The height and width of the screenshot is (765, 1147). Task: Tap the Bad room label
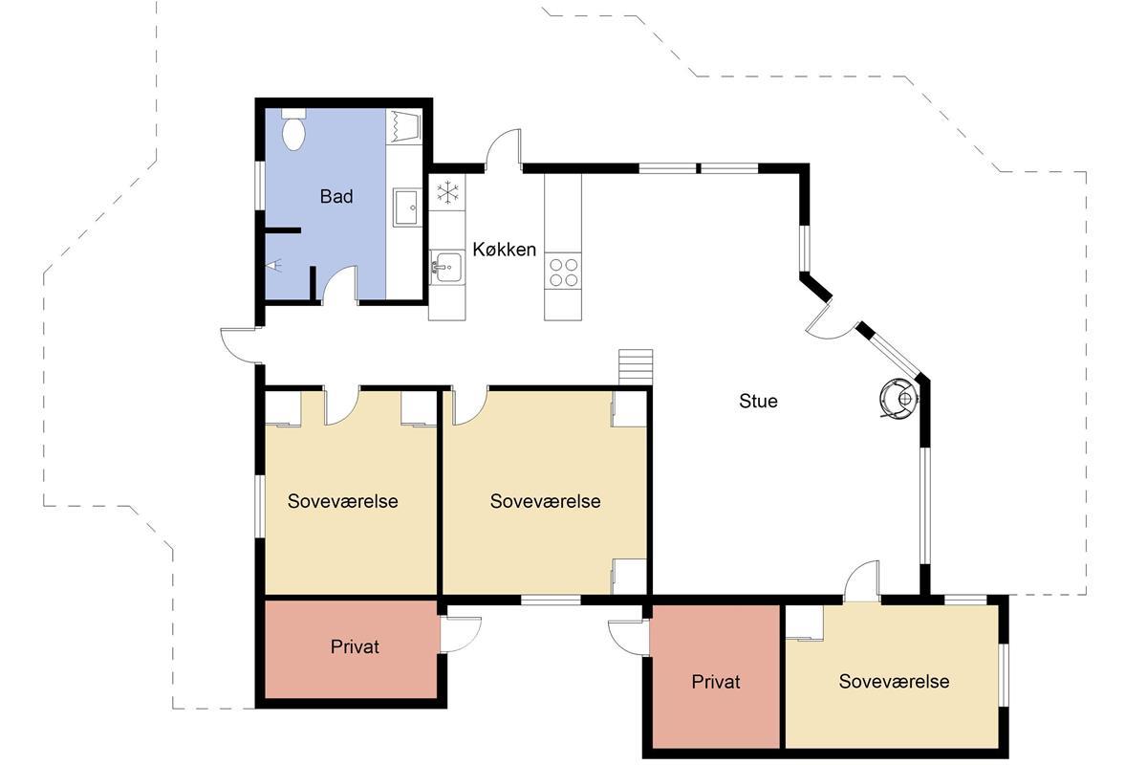336,196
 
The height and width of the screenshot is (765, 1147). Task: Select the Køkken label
505,250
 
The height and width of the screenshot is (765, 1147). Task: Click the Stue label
758,401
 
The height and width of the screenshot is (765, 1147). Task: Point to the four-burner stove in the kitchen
563,272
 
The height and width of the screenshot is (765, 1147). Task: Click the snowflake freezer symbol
447,192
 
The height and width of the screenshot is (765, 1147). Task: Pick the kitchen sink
446,267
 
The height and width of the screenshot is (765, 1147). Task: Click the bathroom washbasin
407,207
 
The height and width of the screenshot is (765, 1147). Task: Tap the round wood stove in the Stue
898,399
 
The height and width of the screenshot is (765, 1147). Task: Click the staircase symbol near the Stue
636,367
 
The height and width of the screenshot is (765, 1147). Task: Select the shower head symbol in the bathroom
274,266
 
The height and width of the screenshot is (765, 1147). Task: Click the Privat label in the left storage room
355,646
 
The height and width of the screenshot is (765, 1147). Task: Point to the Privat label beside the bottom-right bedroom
716,682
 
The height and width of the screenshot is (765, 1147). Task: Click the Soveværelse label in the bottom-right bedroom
894,681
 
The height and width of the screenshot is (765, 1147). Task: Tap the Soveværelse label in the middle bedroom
546,501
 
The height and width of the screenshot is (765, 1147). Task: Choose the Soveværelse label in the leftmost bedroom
342,501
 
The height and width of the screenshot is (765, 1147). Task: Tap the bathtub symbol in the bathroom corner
403,126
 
